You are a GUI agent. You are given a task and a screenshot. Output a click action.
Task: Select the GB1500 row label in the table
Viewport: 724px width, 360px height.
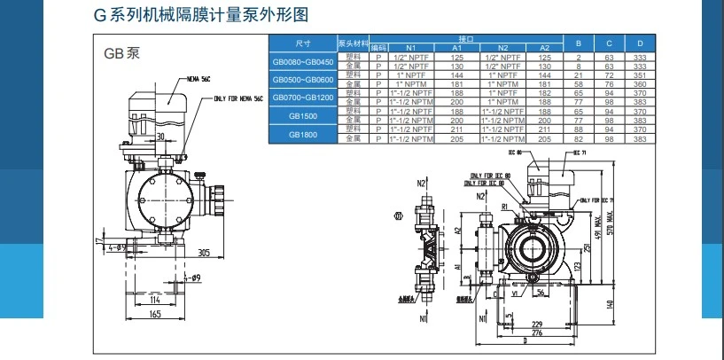303,115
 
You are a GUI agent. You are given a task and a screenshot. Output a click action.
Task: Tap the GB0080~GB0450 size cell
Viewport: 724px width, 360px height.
303,62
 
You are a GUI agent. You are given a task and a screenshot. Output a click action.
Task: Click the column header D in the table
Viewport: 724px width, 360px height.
638,43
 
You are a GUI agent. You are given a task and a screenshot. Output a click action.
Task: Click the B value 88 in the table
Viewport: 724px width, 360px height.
578,128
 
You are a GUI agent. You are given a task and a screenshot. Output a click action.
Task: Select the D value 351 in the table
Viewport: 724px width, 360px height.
638,77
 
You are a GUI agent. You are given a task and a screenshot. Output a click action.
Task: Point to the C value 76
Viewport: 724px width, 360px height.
608,84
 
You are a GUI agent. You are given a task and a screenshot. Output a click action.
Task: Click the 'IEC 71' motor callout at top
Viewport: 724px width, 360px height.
580,153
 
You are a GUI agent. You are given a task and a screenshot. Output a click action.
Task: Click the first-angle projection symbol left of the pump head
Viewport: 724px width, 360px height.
398,216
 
